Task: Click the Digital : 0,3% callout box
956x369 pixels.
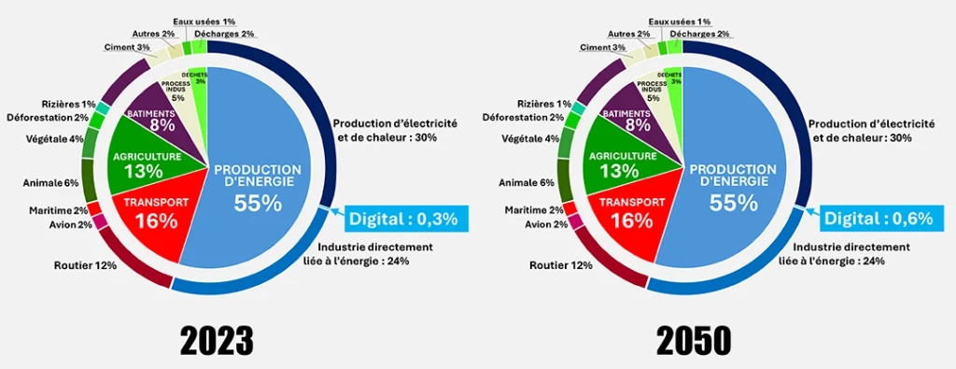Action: click(x=404, y=219)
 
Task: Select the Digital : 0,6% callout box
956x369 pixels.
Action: click(x=879, y=219)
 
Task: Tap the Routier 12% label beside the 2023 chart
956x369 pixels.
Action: click(x=86, y=265)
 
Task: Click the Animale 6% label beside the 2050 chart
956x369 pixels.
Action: click(x=527, y=183)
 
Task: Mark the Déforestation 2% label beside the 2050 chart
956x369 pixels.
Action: click(x=523, y=118)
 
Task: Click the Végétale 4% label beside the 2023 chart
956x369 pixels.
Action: click(x=58, y=139)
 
